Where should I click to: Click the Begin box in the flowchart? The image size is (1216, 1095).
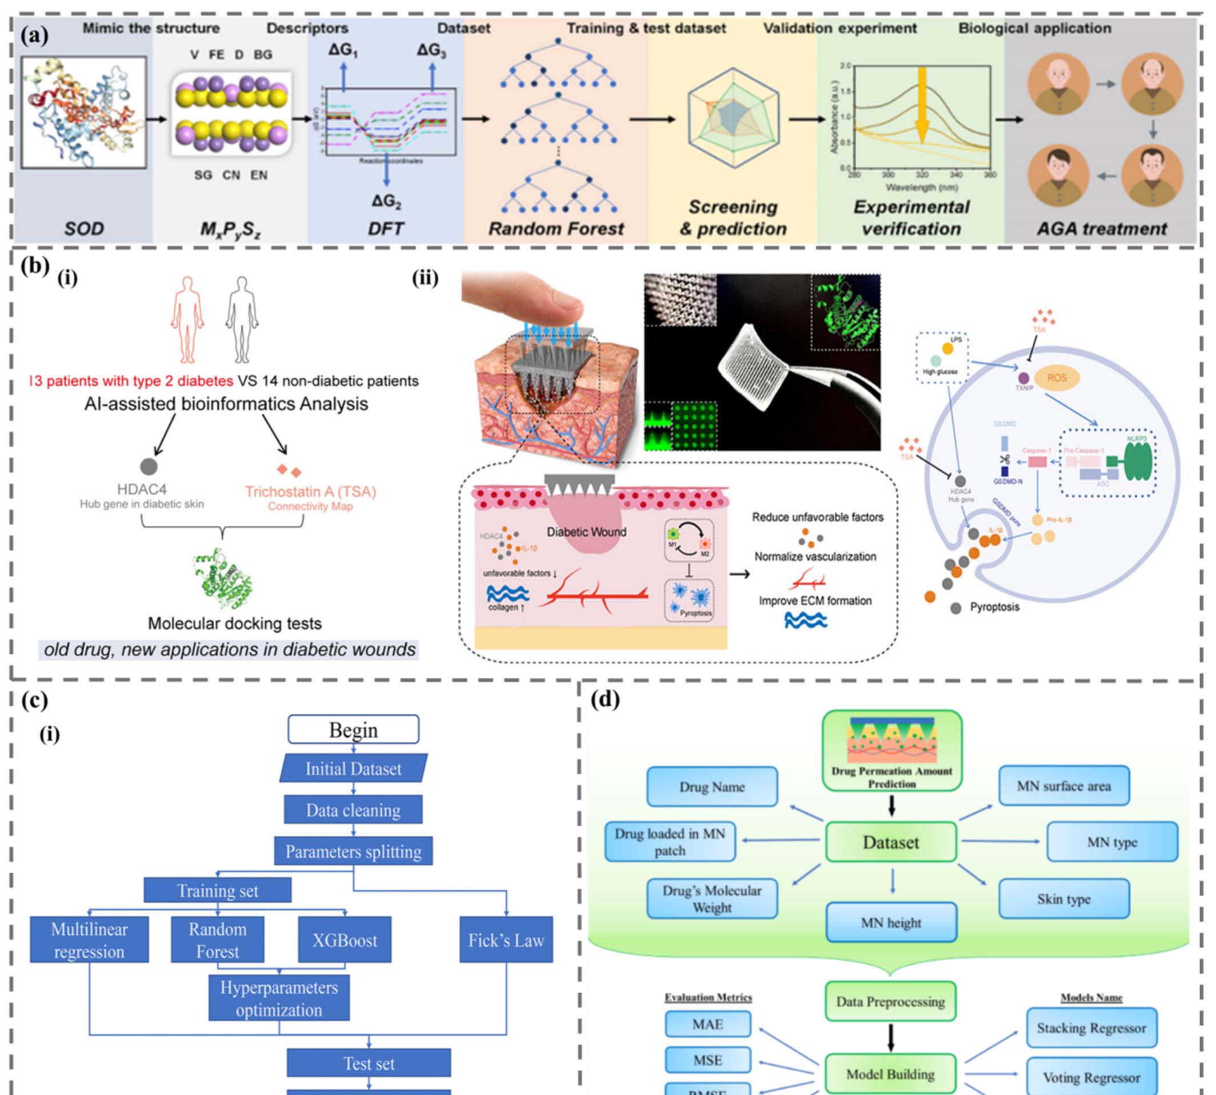(353, 729)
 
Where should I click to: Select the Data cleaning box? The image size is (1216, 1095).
(353, 810)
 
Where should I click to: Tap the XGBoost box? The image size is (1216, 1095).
(344, 940)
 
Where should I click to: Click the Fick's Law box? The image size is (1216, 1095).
(506, 940)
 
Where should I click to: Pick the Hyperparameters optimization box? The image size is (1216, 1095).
(279, 998)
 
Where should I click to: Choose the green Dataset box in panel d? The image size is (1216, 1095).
(890, 842)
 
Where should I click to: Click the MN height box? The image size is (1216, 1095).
(890, 922)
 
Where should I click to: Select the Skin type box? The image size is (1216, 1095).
(1063, 899)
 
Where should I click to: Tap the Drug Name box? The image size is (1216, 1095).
(712, 786)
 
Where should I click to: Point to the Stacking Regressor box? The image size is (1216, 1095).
(1091, 1028)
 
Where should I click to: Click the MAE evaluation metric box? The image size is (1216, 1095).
(707, 1024)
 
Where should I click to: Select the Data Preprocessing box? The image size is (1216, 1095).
(890, 1002)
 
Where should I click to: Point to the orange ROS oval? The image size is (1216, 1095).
(1057, 378)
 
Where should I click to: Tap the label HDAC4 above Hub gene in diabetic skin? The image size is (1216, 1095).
(142, 489)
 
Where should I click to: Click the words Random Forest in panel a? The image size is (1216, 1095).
(556, 229)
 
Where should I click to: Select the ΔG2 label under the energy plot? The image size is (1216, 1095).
(386, 201)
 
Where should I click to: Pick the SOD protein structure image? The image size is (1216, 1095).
(84, 113)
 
